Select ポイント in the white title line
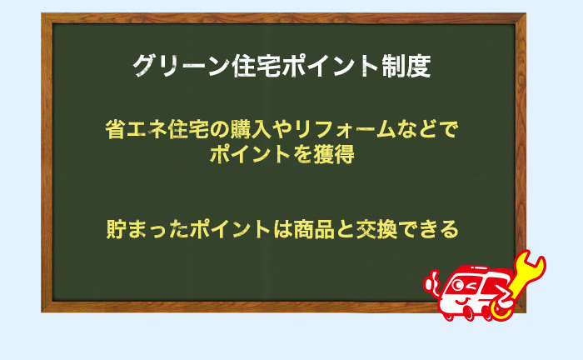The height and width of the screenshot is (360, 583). point(326,67)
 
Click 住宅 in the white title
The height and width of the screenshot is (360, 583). point(249,67)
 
